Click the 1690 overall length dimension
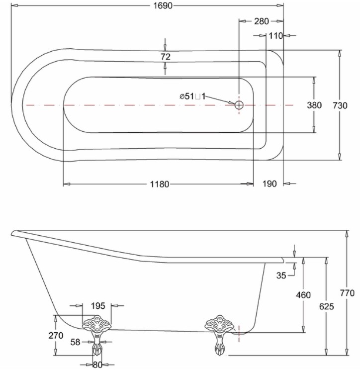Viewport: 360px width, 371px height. tap(163, 5)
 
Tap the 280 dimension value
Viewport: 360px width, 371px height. tap(262, 21)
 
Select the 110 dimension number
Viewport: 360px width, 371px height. tap(276, 36)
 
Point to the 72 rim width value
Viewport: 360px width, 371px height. tap(166, 57)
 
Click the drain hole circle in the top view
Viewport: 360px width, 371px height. tap(239, 105)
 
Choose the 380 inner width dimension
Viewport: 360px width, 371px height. tap(314, 105)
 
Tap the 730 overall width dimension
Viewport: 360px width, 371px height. tap(340, 105)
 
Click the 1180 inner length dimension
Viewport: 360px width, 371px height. tap(160, 184)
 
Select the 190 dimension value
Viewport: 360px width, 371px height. tap(270, 184)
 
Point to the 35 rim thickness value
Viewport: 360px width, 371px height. tap(281, 276)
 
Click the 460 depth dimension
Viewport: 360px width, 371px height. tap(303, 295)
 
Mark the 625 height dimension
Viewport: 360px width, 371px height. tap(326, 307)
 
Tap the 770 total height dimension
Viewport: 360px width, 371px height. tap(347, 293)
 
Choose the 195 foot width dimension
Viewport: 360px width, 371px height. tap(98, 306)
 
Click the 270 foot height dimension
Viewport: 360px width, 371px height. tap(56, 336)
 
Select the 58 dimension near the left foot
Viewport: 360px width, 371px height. tap(76, 342)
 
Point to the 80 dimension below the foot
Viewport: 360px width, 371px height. tap(97, 365)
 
